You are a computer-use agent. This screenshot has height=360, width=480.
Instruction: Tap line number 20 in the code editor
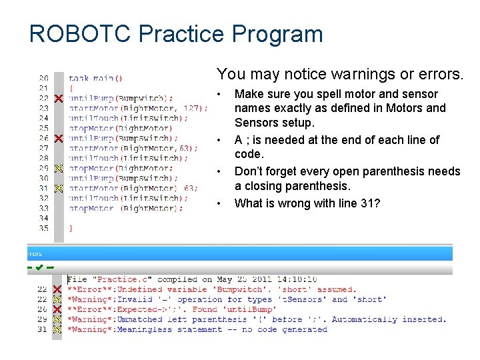[43, 78]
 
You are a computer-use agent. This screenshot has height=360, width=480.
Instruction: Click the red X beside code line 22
[58, 98]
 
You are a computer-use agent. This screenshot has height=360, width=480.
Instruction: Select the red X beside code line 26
[58, 138]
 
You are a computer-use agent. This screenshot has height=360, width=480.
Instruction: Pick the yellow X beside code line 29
[58, 168]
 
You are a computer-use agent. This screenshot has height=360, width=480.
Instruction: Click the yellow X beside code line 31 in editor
[58, 188]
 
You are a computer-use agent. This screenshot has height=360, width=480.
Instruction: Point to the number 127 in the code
[190, 108]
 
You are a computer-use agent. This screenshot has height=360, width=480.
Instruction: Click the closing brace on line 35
[71, 228]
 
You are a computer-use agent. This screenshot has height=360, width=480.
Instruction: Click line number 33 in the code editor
[43, 208]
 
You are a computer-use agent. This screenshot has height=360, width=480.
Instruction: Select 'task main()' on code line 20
[95, 78]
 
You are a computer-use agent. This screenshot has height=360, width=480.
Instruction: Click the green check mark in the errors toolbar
[40, 268]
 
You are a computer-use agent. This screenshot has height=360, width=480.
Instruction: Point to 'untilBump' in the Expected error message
[251, 309]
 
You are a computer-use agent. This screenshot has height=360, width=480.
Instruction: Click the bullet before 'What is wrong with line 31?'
[219, 203]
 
